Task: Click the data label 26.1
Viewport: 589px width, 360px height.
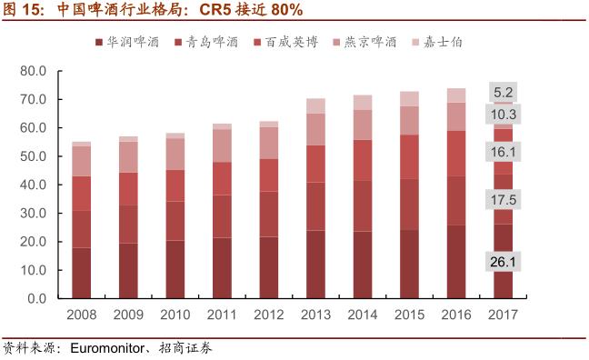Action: coord(504,263)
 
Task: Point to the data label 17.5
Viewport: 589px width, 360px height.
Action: coord(504,200)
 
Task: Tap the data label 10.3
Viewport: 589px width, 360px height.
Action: coord(504,115)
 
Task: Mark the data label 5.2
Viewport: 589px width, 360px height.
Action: coord(504,93)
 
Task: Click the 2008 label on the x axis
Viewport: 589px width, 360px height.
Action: coord(82,315)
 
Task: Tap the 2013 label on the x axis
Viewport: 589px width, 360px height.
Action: coord(315,315)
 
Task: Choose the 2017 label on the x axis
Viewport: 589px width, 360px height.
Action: coord(503,315)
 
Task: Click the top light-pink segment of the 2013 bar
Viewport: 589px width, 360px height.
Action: coord(315,105)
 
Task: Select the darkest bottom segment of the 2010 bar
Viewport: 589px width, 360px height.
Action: coord(175,269)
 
